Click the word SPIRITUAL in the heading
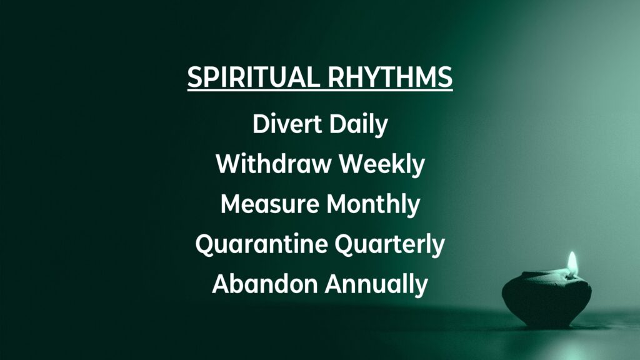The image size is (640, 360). (254, 76)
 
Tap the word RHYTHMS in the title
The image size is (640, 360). (390, 76)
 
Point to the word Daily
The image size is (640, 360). (359, 125)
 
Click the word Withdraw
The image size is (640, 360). (274, 164)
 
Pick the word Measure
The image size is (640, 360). (270, 204)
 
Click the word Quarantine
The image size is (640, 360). (262, 244)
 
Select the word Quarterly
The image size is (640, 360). (390, 245)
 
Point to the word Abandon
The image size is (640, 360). (265, 284)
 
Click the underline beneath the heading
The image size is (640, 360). (320, 89)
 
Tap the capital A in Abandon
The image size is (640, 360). (222, 284)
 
